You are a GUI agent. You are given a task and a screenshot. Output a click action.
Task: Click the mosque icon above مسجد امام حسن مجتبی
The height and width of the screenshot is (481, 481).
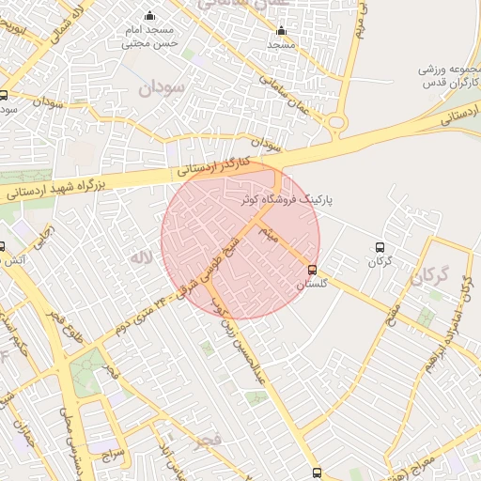(150, 16)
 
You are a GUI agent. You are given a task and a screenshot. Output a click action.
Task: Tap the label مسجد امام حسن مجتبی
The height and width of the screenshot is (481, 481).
(150, 37)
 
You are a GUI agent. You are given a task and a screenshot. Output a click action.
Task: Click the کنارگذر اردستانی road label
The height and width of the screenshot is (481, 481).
(215, 164)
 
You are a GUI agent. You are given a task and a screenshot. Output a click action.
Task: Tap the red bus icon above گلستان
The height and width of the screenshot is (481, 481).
(313, 271)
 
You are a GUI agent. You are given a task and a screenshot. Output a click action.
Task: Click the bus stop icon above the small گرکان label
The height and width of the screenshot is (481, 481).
(380, 246)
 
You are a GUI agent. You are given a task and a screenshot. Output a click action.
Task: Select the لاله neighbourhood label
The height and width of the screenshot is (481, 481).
(141, 256)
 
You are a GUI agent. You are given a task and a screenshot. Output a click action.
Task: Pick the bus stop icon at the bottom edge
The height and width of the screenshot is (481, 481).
(317, 473)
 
